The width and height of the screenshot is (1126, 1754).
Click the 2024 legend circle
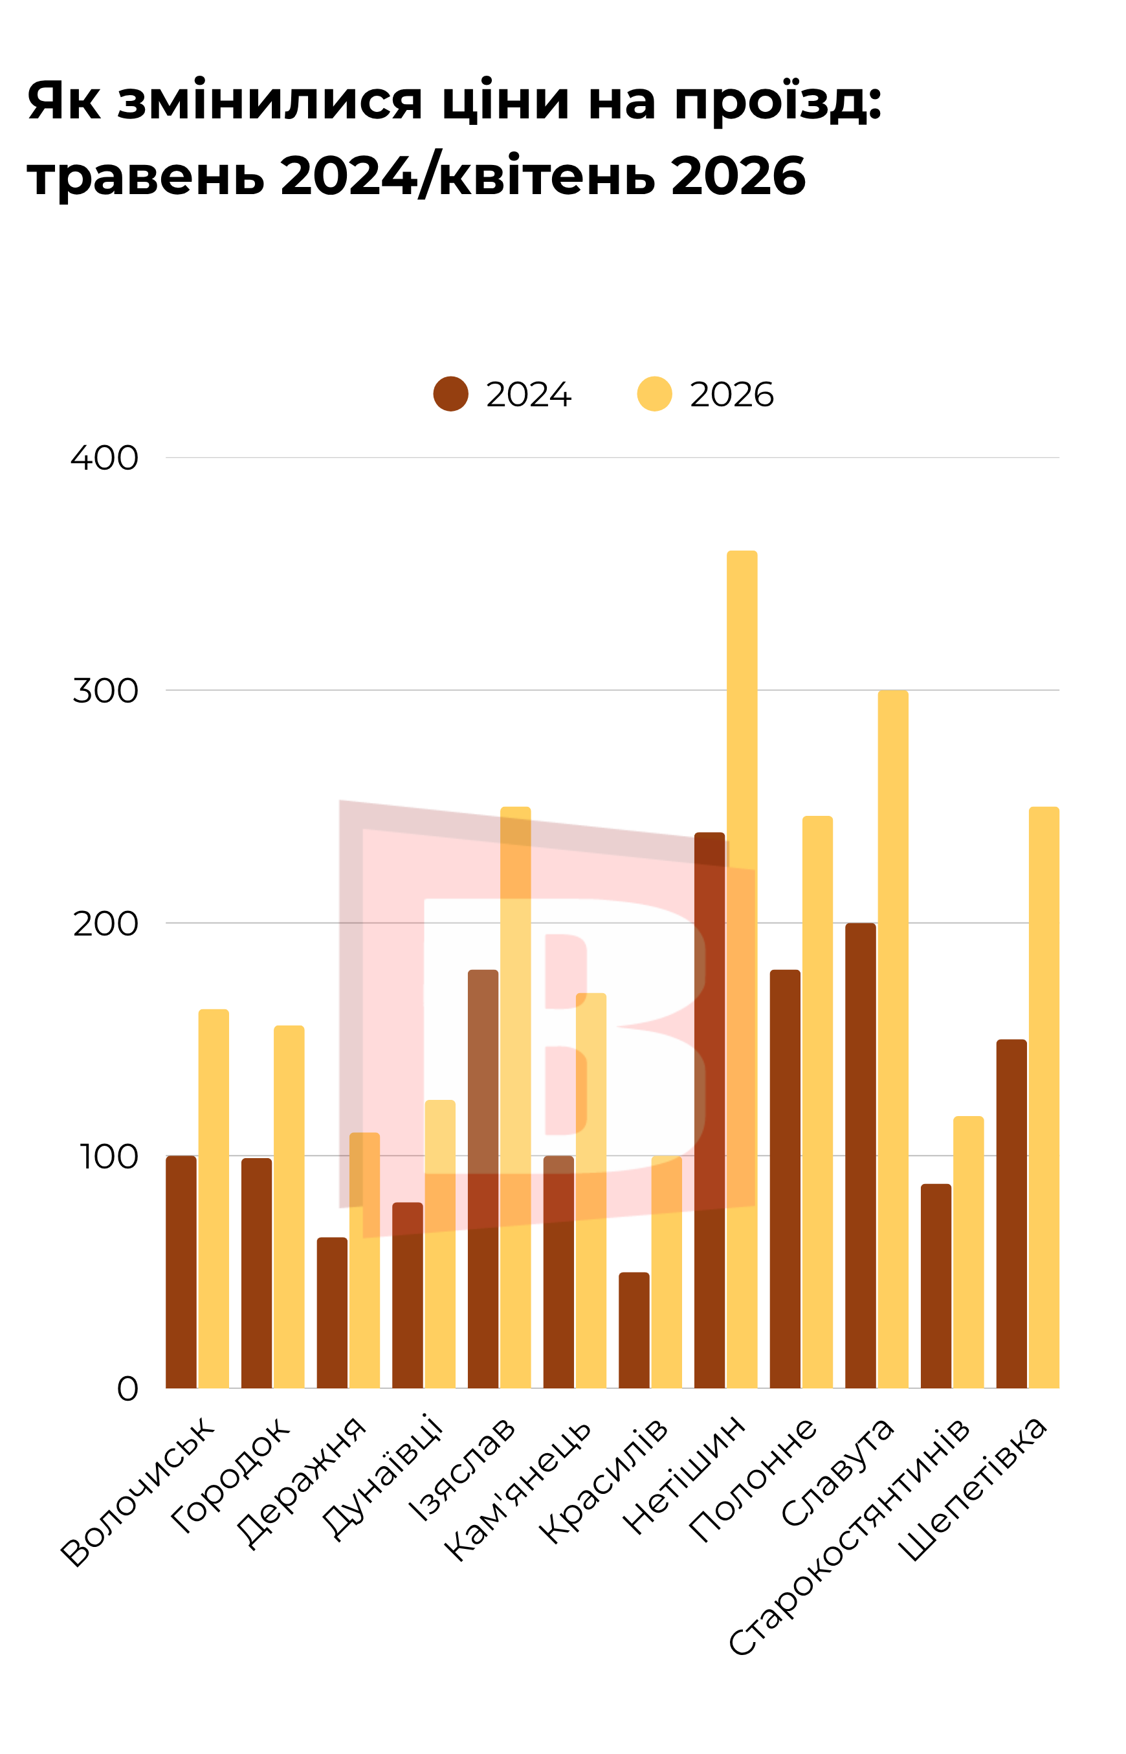(x=450, y=394)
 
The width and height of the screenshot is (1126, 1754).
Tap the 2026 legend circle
(x=654, y=394)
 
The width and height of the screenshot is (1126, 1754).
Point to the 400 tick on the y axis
(x=105, y=458)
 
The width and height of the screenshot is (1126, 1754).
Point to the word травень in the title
(x=146, y=177)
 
